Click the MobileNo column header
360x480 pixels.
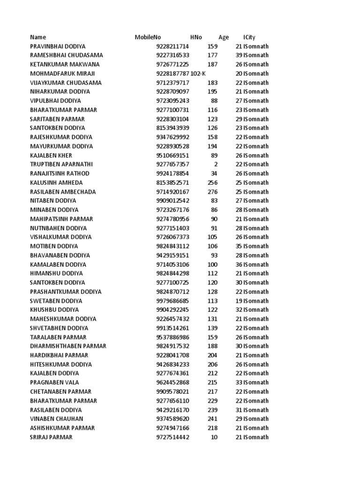click(148, 37)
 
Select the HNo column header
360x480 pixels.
click(196, 37)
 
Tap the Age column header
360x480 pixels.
click(224, 37)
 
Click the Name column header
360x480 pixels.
click(38, 37)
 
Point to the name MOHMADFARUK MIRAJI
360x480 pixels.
click(62, 74)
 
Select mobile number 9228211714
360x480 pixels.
click(172, 46)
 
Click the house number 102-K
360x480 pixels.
click(198, 74)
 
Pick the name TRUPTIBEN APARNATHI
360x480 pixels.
click(61, 165)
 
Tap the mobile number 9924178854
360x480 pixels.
click(172, 173)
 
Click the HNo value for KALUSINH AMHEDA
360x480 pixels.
click(212, 183)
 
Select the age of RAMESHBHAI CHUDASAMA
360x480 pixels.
click(239, 55)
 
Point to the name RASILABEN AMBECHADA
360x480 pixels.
click(63, 192)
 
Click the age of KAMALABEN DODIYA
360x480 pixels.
click(239, 264)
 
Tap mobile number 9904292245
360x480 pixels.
click(172, 310)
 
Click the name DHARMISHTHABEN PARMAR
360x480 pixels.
click(68, 346)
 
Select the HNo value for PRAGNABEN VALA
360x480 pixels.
click(212, 382)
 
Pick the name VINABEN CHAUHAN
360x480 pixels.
click(57, 419)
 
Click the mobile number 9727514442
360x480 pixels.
click(172, 437)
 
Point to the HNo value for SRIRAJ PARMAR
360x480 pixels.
click(214, 437)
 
